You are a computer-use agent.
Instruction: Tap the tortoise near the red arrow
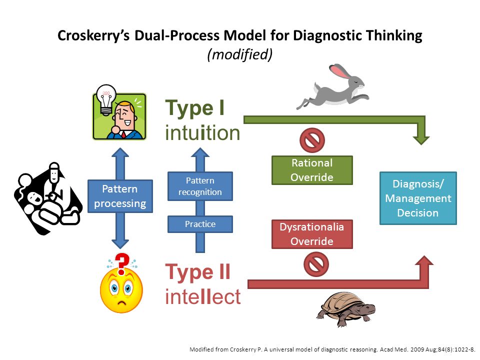coord(346,309)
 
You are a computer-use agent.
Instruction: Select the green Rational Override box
coord(312,170)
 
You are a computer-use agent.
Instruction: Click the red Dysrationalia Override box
coord(312,234)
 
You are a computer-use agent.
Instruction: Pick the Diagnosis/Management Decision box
coord(418,198)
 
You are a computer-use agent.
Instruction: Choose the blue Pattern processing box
coord(120,196)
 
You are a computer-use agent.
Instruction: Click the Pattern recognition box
coord(200,186)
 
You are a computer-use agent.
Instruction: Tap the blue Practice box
coord(200,224)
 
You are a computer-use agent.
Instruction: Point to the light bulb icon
coord(106,100)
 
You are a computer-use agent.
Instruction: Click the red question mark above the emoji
coord(122,264)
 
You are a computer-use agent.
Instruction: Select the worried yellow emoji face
coord(121,291)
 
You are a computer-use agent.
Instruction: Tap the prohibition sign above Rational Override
coord(312,140)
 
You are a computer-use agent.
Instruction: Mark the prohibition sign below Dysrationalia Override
coord(316,264)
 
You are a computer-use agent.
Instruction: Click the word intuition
coord(202,132)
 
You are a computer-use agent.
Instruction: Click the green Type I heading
coord(195,108)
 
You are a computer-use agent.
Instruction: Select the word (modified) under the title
coord(239,55)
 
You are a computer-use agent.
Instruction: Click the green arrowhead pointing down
coord(421,139)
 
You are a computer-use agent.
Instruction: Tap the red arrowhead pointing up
coord(424,260)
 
